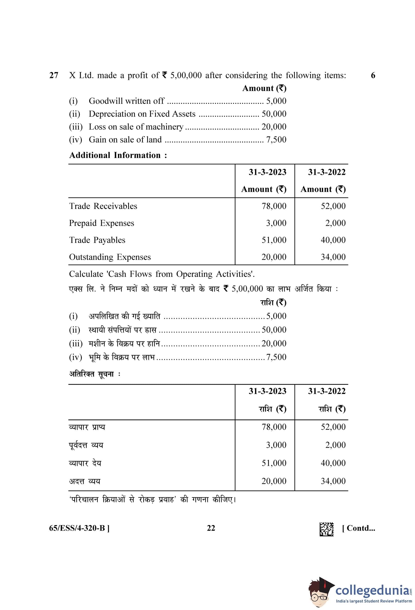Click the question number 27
coord(54,75)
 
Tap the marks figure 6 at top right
coord(373,75)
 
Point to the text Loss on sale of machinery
coord(136,127)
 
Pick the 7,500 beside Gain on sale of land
coord(276,140)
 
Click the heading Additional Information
coord(118,155)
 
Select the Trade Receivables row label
coord(103,206)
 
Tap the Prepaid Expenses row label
coord(102,223)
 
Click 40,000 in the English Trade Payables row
coord(333,240)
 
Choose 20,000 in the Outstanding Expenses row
coord(274,257)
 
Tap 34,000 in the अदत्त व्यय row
coord(333,481)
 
